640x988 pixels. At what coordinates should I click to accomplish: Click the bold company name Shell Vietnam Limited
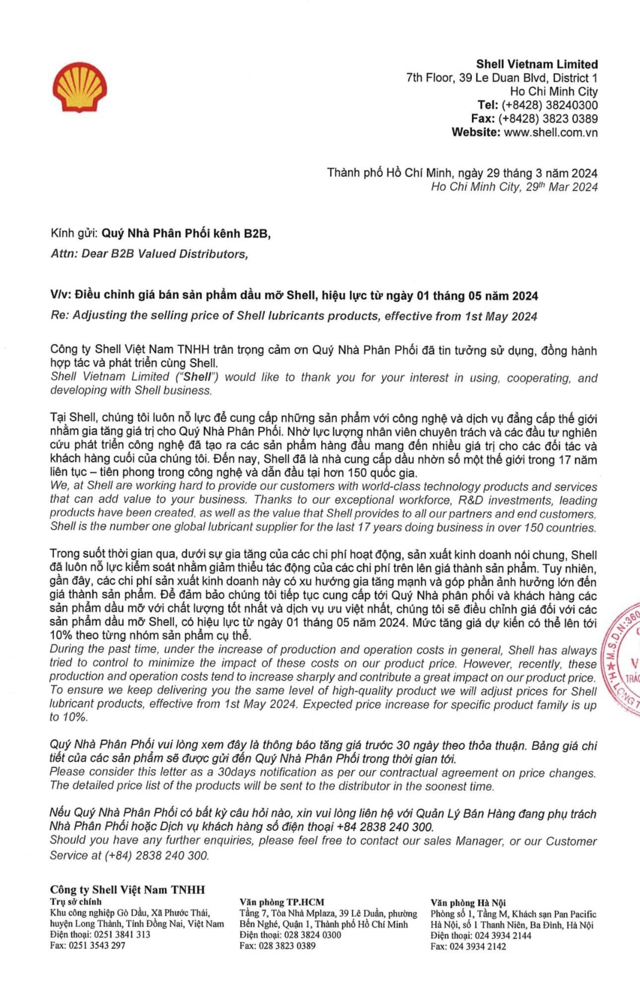tap(537, 64)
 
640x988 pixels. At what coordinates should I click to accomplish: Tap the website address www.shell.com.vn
tap(550, 132)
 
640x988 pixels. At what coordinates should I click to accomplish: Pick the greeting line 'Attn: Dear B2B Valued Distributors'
tap(149, 254)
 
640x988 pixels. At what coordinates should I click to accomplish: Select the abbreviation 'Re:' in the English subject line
tap(60, 316)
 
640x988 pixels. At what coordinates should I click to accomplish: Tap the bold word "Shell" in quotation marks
tap(197, 377)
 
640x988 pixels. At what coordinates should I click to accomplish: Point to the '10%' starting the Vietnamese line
tap(61, 636)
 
